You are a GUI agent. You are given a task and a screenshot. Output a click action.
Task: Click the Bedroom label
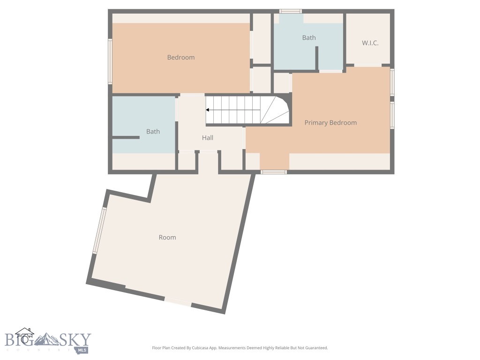tap(180, 57)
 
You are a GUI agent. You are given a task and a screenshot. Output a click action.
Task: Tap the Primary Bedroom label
tap(330, 123)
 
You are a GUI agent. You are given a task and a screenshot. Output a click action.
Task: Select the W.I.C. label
tap(370, 43)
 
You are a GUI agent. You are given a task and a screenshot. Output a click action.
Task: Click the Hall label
tap(208, 138)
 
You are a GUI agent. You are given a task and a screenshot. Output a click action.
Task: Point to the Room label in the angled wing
tap(167, 238)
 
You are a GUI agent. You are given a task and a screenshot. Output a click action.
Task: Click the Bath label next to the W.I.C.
tap(308, 38)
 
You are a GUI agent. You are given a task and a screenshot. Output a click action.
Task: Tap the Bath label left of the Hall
tap(153, 132)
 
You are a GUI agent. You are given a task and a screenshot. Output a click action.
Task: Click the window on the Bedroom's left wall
tap(110, 61)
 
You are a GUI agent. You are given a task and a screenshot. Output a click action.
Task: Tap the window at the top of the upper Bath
tap(290, 11)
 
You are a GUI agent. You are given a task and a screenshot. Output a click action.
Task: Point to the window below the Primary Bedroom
tap(274, 172)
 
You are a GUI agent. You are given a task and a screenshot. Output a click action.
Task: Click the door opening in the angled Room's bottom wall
tap(178, 302)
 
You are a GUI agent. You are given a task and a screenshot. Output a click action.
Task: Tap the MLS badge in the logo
tap(82, 350)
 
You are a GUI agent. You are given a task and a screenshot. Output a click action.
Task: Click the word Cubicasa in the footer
tap(203, 348)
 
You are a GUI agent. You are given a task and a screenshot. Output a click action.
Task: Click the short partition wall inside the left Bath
tap(126, 137)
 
